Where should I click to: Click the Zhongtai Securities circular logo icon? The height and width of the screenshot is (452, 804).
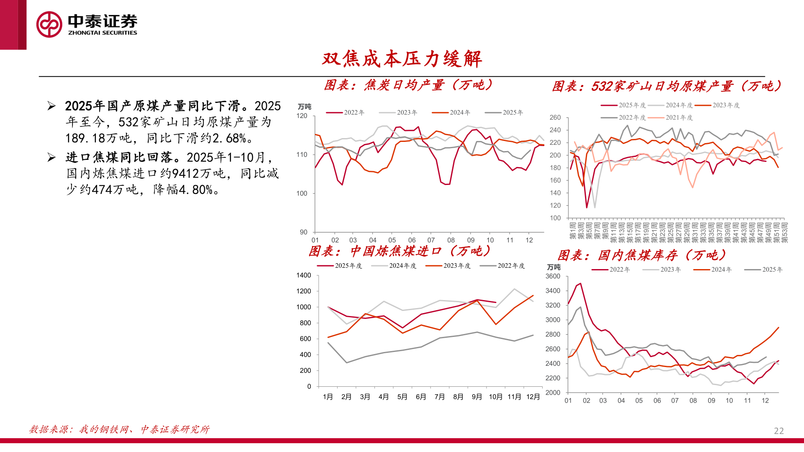click(49, 24)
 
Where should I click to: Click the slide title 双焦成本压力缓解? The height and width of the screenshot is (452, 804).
click(402, 59)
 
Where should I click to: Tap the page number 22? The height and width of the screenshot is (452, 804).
click(778, 431)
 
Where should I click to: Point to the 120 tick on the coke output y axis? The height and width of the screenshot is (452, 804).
click(302, 116)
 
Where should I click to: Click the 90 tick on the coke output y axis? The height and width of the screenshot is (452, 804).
click(303, 232)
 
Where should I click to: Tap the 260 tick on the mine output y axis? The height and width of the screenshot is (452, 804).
click(555, 118)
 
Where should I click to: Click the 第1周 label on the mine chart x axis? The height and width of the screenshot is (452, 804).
click(572, 231)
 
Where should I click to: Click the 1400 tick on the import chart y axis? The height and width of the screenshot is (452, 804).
click(304, 275)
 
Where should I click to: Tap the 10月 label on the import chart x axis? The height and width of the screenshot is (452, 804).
click(495, 397)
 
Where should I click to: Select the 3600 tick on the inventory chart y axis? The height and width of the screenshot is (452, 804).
click(553, 276)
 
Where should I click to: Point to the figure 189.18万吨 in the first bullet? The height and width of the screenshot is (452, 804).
click(98, 139)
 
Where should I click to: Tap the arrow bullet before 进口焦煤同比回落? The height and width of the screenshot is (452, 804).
click(52, 157)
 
